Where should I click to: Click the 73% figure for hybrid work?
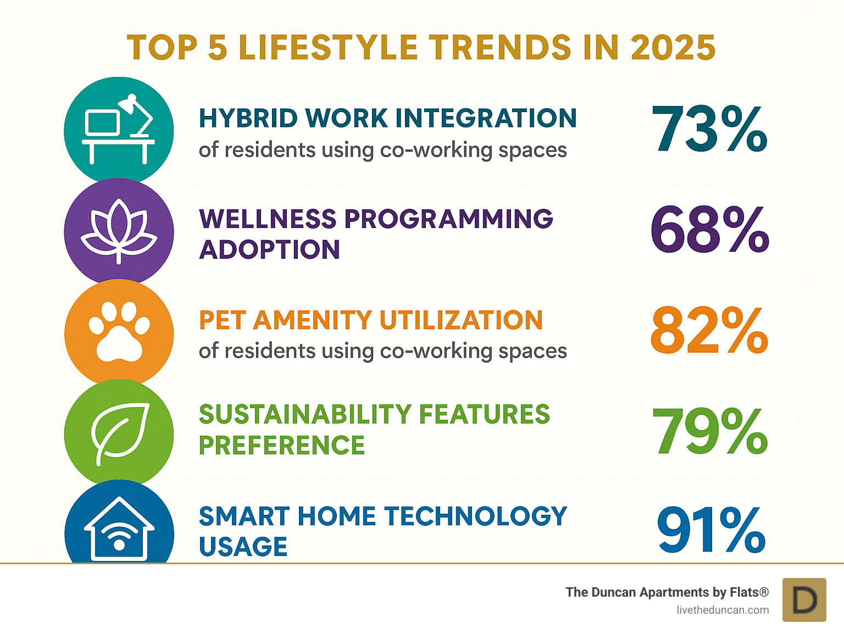click(x=709, y=130)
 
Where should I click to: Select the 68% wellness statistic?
click(x=709, y=230)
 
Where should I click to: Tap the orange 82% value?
click(x=709, y=331)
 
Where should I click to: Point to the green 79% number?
click(x=709, y=432)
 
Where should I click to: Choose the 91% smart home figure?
click(x=711, y=531)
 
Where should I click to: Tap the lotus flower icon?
click(x=119, y=231)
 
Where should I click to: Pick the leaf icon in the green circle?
click(x=119, y=433)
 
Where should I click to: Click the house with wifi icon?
click(x=119, y=530)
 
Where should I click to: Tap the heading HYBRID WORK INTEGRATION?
click(x=387, y=118)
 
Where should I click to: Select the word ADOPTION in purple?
click(x=269, y=250)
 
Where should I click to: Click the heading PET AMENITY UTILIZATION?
click(x=371, y=320)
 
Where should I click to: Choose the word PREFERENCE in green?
click(x=281, y=446)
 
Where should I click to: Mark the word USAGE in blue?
click(x=243, y=547)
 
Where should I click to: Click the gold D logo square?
click(x=804, y=600)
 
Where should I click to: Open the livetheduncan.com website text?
click(x=722, y=610)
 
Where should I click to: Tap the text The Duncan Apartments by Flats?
click(x=667, y=592)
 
